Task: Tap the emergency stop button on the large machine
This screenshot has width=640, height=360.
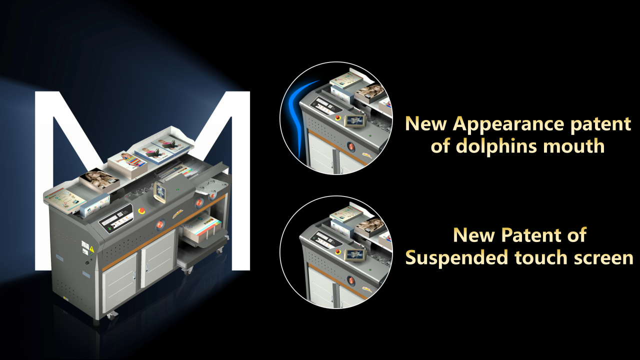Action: [x=141, y=210]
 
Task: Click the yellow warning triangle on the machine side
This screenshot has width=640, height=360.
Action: [x=91, y=249]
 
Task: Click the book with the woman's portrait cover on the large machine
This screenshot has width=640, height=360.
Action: [x=98, y=179]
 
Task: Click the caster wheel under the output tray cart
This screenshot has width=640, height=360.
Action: [x=188, y=269]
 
